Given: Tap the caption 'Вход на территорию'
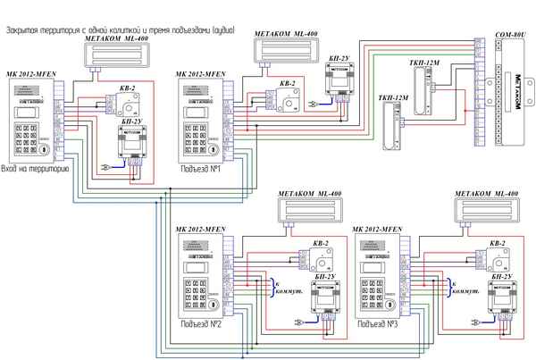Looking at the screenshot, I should click(x=36, y=168).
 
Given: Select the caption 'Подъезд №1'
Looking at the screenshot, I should click(x=200, y=168).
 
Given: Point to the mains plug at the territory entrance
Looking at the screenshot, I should click(x=105, y=165).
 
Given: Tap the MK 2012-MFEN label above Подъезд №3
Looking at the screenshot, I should click(x=377, y=230).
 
